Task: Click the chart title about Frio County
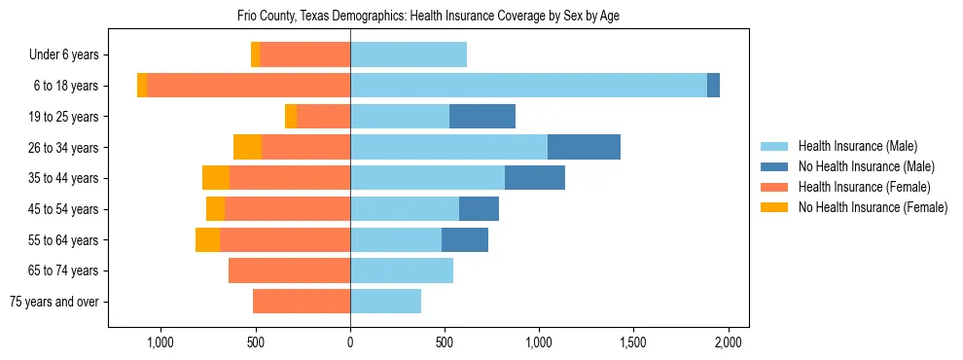click(x=428, y=17)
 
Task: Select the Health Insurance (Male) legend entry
click(x=857, y=146)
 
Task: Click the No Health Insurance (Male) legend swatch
click(x=774, y=166)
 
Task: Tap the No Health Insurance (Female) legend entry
click(x=872, y=207)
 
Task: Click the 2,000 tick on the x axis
click(x=729, y=342)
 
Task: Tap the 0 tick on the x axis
click(x=350, y=342)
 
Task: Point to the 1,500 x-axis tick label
click(x=634, y=342)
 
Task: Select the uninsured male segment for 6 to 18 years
click(x=713, y=86)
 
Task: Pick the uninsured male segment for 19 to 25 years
click(x=482, y=117)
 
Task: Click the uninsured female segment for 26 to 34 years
click(x=247, y=147)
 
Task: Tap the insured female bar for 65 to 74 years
click(x=289, y=270)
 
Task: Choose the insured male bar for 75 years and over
click(x=385, y=302)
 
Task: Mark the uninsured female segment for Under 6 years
click(x=255, y=55)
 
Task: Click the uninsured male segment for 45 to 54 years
click(x=479, y=209)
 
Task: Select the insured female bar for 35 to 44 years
click(x=290, y=178)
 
